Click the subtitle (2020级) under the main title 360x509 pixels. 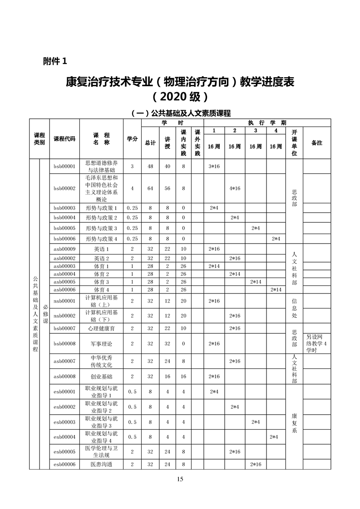tap(180, 97)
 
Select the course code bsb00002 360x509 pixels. tap(64, 188)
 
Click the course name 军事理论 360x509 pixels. tap(101, 344)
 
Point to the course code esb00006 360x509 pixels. tap(64, 465)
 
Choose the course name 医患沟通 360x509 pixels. tap(101, 465)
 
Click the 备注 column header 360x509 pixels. tap(317, 142)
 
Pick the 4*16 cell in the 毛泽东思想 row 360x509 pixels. tap(235, 188)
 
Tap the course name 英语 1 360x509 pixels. tap(101, 249)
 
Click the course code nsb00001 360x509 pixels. tap(64, 301)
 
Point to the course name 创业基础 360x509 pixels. tap(101, 377)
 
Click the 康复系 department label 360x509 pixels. tap(294, 423)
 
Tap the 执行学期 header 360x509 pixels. tap(267, 123)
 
